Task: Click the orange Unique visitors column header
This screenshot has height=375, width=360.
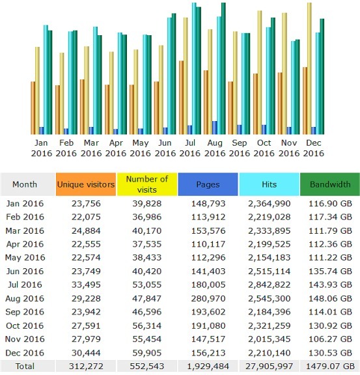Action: (86, 184)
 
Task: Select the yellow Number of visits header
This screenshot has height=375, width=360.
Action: (147, 184)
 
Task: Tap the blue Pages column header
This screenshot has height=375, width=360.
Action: (208, 184)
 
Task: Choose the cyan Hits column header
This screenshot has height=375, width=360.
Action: (269, 184)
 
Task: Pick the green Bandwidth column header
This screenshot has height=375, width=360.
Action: (330, 184)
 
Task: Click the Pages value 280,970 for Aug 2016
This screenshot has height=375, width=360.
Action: (208, 298)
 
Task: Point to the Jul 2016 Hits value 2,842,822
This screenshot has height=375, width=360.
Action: (270, 285)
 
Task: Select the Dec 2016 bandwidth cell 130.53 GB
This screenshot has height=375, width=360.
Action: (330, 353)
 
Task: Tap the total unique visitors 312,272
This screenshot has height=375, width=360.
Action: (86, 366)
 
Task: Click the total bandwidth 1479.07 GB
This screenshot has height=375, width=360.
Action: (330, 366)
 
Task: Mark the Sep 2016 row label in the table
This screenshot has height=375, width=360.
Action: (25, 312)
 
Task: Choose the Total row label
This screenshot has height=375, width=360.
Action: (25, 366)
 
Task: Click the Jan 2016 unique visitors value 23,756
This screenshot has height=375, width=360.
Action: (86, 204)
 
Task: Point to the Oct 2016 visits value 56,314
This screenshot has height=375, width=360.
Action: (147, 326)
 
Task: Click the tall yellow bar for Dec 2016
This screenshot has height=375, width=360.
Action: (309, 68)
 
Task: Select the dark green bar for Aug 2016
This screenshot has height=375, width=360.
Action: (223, 68)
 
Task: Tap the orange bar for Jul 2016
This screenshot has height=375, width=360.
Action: (182, 98)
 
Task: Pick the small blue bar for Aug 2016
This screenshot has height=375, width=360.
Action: (215, 128)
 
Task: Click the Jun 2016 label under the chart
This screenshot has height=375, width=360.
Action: (165, 148)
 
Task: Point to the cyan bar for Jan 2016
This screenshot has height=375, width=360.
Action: (46, 79)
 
